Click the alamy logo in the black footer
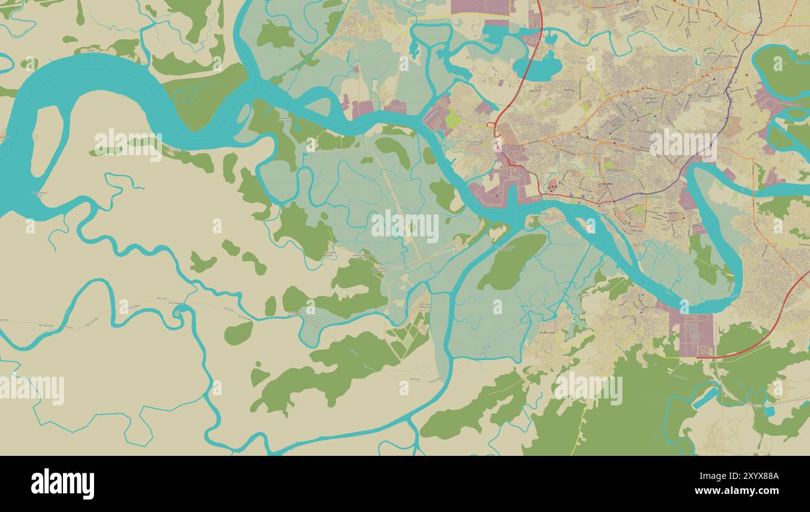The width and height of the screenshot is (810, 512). (x=62, y=484)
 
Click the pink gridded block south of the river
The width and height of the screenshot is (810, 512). (x=694, y=334)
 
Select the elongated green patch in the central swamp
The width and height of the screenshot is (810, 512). (x=512, y=261)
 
